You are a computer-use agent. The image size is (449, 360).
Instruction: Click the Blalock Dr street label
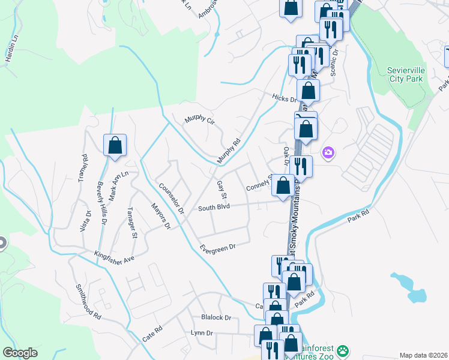coord(216,317)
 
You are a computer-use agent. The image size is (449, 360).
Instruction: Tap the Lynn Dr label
coord(202,332)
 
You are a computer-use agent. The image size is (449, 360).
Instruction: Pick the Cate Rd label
coord(152,335)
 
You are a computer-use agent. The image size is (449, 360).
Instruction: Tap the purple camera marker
coord(328,153)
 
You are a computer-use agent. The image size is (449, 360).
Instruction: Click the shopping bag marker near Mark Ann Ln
coord(115,145)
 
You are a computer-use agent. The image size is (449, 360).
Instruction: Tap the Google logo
coord(20,353)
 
